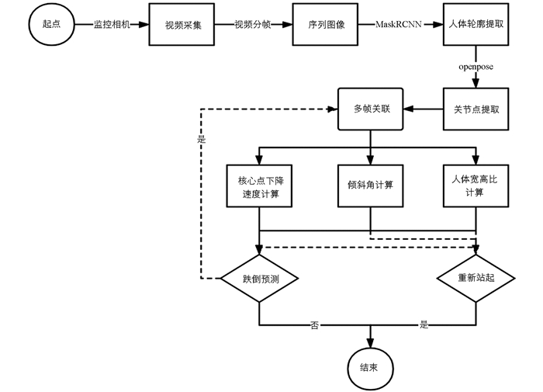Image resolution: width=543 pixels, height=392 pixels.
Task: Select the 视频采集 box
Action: click(x=183, y=25)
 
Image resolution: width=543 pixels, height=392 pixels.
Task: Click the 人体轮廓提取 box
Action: click(x=475, y=25)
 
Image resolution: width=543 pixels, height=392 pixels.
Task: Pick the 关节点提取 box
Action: click(x=475, y=109)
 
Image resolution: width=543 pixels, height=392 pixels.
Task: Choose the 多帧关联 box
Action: click(x=370, y=109)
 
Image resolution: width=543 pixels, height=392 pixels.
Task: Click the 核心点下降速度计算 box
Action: click(x=259, y=186)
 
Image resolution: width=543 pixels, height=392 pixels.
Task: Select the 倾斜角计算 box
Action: click(x=370, y=186)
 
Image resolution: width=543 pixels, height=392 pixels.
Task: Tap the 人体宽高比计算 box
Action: click(x=475, y=186)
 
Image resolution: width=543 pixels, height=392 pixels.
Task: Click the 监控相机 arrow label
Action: click(x=112, y=25)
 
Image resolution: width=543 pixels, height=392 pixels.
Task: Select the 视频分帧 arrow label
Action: click(x=254, y=25)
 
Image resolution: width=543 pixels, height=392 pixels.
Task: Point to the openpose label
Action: click(x=475, y=68)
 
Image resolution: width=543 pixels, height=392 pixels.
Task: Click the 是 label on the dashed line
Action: click(x=202, y=140)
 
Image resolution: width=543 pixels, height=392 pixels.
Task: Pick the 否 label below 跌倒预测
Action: click(x=314, y=324)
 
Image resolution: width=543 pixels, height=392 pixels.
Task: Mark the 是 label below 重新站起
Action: click(x=424, y=324)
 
